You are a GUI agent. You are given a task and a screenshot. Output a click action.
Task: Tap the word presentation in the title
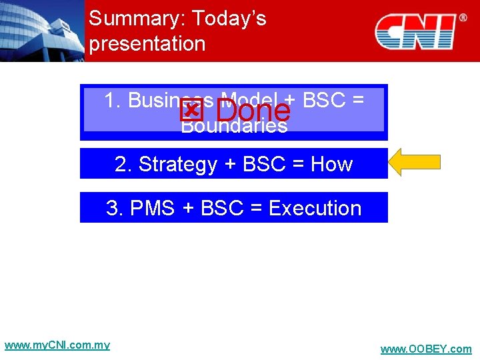147,44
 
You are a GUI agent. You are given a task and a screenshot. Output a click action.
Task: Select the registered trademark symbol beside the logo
463,18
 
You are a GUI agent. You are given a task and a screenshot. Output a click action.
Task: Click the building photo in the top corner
41,31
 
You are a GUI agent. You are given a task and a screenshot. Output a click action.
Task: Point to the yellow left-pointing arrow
415,163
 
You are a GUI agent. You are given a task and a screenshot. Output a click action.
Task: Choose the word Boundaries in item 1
234,126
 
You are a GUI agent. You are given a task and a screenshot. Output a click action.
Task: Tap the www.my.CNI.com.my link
57,345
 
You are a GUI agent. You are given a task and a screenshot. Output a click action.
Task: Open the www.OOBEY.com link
425,349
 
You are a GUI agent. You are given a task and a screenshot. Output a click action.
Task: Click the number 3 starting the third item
113,208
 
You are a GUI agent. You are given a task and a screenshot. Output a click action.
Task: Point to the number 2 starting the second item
121,164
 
